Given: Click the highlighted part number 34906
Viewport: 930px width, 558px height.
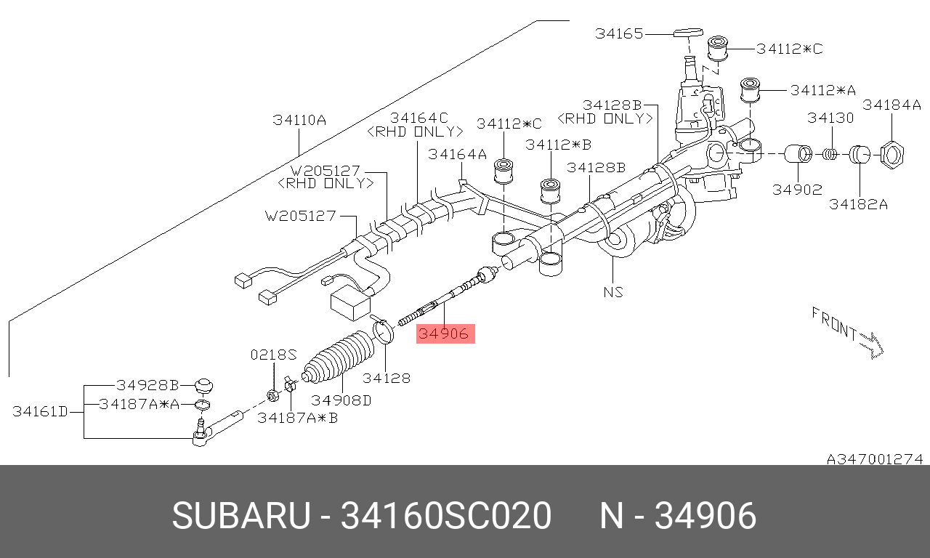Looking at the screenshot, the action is [445, 333].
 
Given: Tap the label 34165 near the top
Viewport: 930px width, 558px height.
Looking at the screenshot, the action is [619, 33].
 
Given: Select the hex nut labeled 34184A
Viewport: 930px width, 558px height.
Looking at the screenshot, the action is [891, 155].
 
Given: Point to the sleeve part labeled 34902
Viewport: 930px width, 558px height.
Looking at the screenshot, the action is [799, 155].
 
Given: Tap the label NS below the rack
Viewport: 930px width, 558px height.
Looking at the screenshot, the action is [613, 293].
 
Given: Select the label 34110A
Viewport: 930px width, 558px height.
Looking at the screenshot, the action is [299, 120].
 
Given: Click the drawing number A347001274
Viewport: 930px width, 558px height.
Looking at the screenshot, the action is [874, 459].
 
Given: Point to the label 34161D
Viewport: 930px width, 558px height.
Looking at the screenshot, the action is [40, 412].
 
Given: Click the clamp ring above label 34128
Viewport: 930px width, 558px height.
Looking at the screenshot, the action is [384, 331].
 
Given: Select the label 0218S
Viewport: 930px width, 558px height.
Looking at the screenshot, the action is [274, 355].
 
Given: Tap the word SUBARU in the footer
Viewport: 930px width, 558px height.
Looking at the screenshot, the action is [240, 517].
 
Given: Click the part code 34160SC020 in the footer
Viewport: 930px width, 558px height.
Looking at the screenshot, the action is [446, 517].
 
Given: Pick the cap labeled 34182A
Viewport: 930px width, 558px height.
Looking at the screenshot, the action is [860, 155].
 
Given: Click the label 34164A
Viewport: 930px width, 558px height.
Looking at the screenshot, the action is [457, 154].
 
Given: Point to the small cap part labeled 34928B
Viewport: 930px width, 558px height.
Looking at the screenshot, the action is [205, 384].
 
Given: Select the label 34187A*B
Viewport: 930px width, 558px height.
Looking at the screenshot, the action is [298, 418].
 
